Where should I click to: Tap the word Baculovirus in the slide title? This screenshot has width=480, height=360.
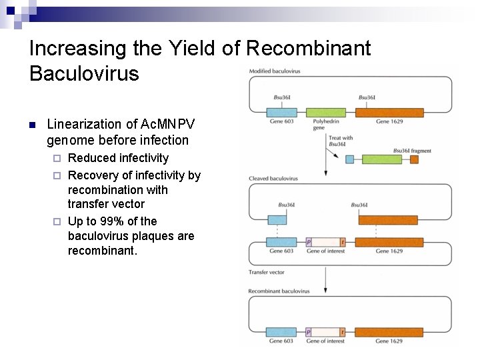[84, 73]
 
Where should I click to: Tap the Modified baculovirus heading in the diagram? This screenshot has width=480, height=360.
[274, 71]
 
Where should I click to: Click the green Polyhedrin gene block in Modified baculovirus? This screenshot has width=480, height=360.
[329, 113]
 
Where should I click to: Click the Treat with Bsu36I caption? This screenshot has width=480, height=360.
[340, 141]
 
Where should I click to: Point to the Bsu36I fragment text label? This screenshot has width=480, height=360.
[412, 151]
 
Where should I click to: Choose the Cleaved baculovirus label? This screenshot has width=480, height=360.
[273, 179]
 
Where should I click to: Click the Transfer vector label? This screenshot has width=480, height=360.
[266, 272]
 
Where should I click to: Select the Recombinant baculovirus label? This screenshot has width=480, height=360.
[279, 291]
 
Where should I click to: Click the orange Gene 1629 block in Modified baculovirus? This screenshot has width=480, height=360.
[391, 113]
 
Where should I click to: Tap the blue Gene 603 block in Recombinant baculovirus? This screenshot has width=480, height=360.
[281, 332]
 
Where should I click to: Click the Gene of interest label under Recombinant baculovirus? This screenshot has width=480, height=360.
[325, 341]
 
